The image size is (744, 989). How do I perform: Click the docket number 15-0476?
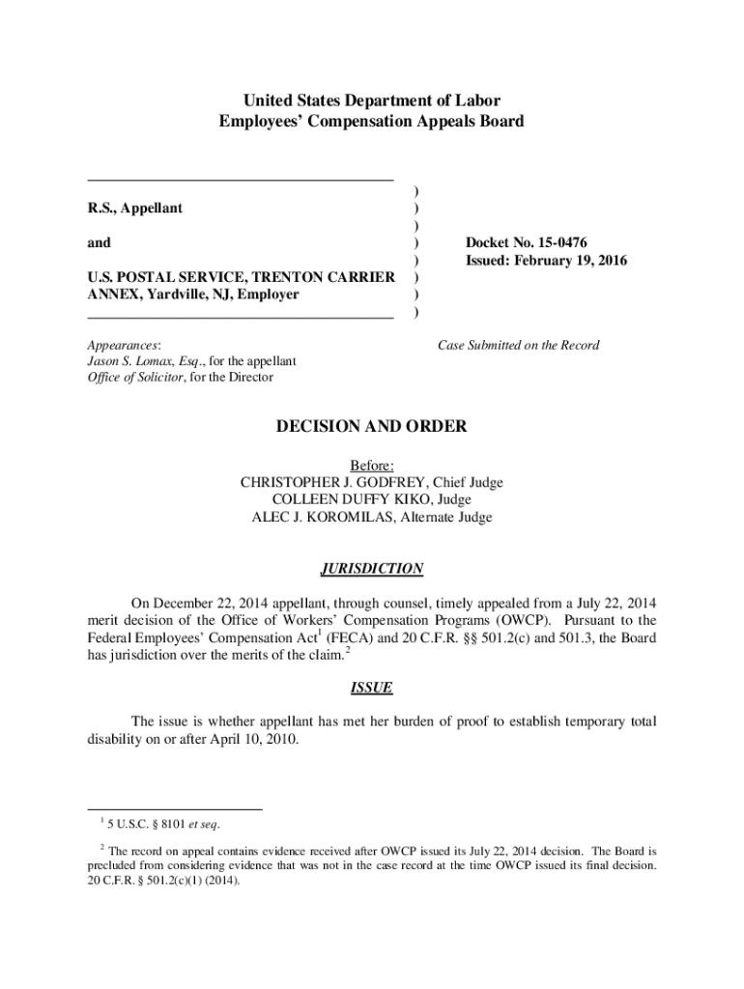tap(559, 243)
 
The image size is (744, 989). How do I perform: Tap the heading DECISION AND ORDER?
tap(372, 427)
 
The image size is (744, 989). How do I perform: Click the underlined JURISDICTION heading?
tap(372, 569)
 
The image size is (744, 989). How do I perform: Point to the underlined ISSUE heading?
tap(372, 689)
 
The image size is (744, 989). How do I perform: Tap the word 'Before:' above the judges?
tap(372, 466)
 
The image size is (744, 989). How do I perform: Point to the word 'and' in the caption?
tap(99, 243)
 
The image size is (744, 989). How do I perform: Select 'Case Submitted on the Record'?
tap(519, 345)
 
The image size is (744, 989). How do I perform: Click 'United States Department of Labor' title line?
tap(372, 100)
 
